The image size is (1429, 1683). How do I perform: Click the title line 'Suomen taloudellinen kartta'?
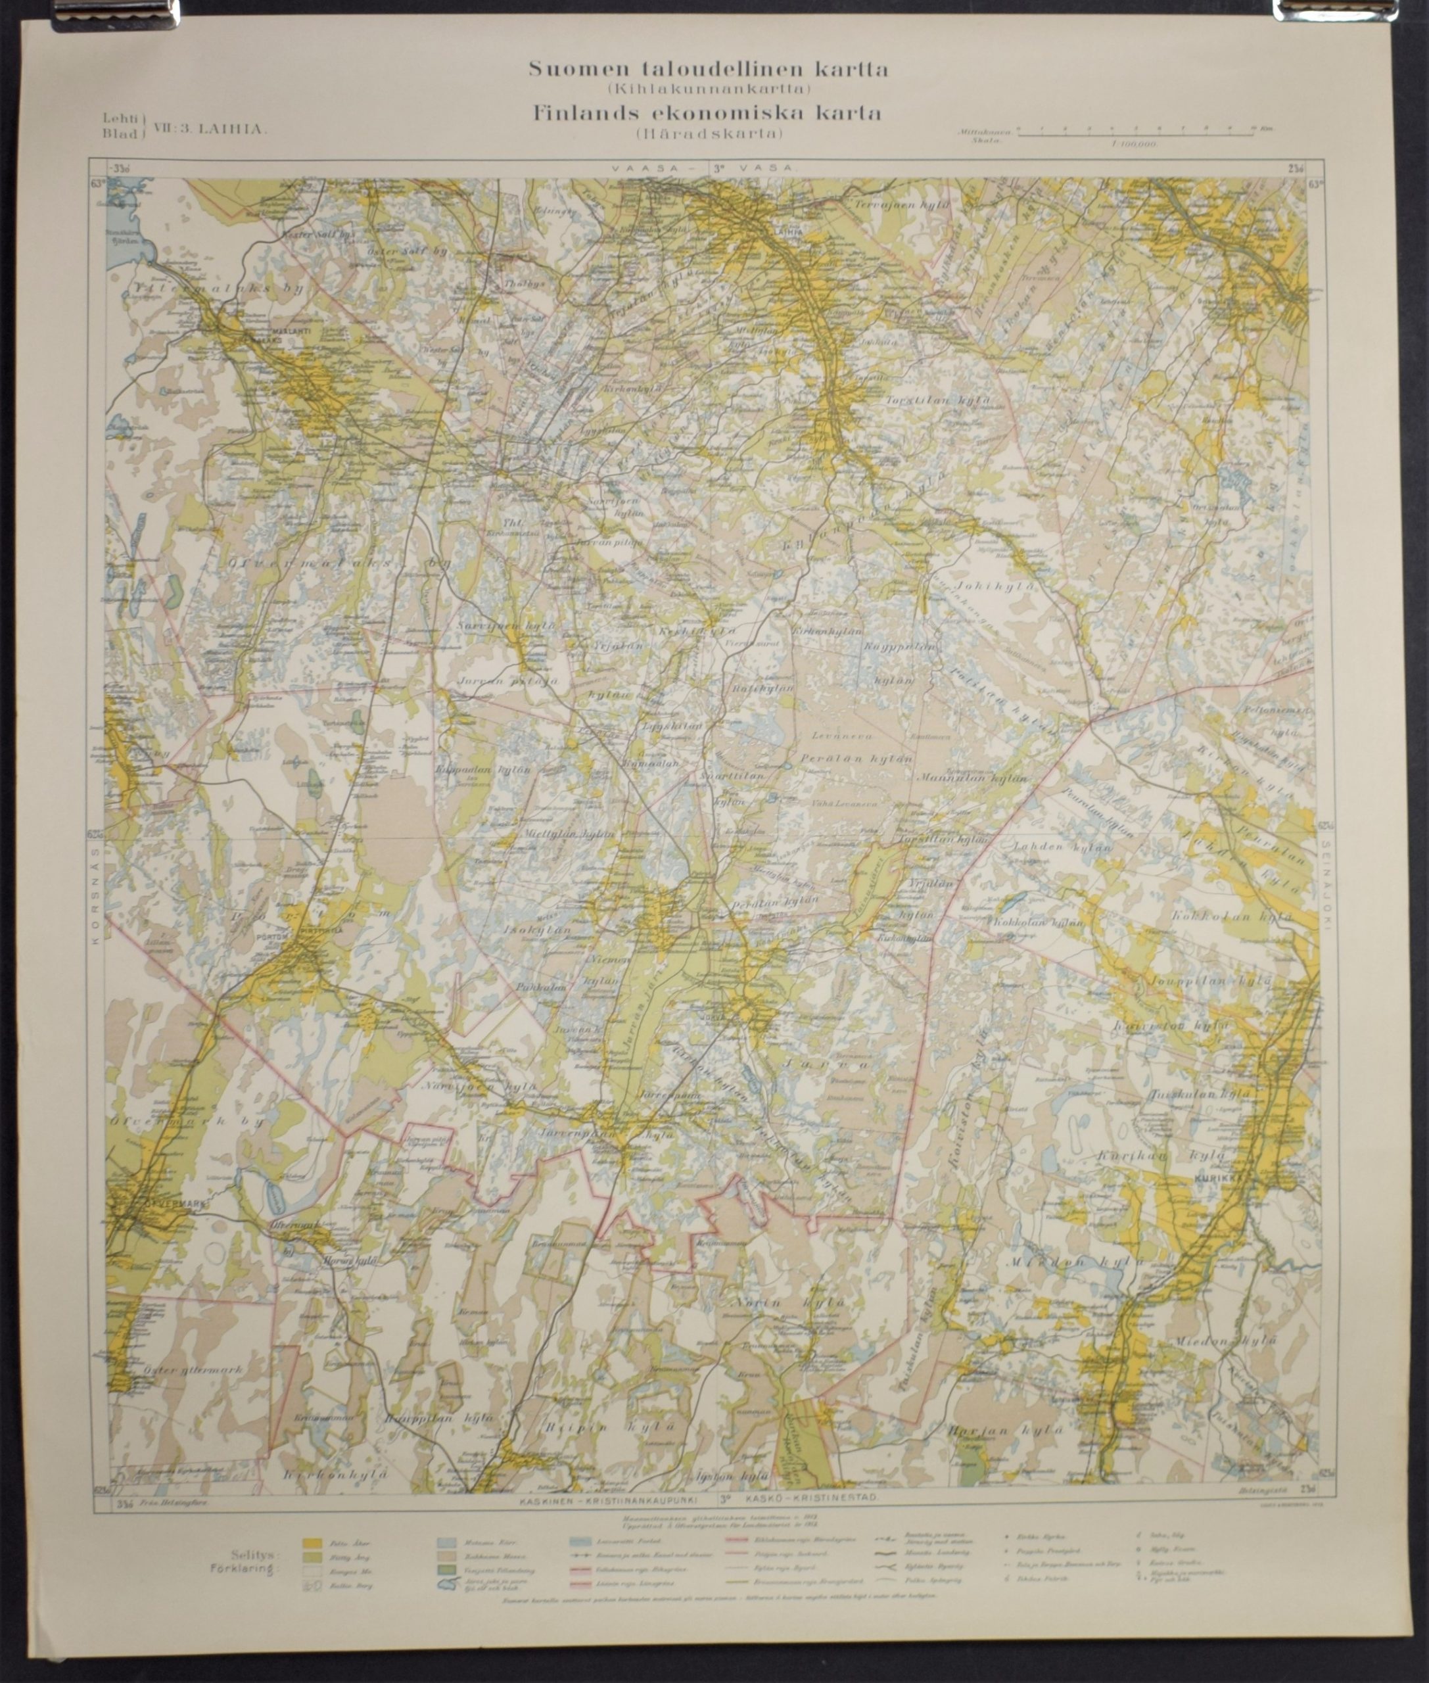708,70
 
